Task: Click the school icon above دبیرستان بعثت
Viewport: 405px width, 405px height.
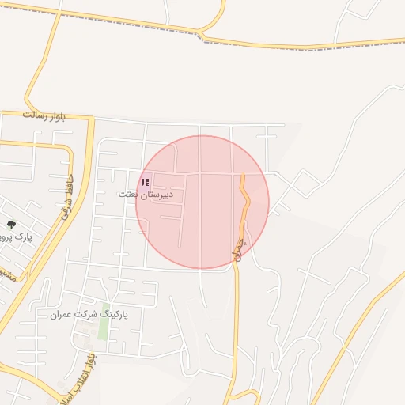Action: click(x=145, y=183)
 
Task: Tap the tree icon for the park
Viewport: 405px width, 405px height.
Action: click(x=10, y=225)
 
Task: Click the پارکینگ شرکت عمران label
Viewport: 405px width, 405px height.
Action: click(x=89, y=314)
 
